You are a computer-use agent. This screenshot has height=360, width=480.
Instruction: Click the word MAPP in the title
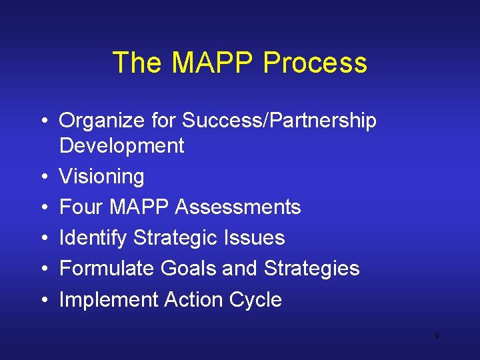click(213, 63)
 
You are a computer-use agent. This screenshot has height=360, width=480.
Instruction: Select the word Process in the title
click(315, 63)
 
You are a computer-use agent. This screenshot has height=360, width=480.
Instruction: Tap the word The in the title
click(139, 63)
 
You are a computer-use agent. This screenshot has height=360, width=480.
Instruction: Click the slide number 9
click(437, 336)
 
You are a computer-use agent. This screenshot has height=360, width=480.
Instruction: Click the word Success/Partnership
click(279, 121)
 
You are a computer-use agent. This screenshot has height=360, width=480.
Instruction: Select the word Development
click(121, 146)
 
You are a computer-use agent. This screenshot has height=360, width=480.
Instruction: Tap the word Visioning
click(101, 177)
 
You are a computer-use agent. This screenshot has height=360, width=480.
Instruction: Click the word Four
click(81, 207)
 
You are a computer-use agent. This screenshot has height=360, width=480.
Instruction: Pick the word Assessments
click(237, 207)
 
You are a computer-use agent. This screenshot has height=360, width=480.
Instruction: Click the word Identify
click(93, 238)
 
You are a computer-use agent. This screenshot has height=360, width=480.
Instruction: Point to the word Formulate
click(107, 269)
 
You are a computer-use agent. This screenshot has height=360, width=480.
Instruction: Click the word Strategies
click(311, 269)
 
